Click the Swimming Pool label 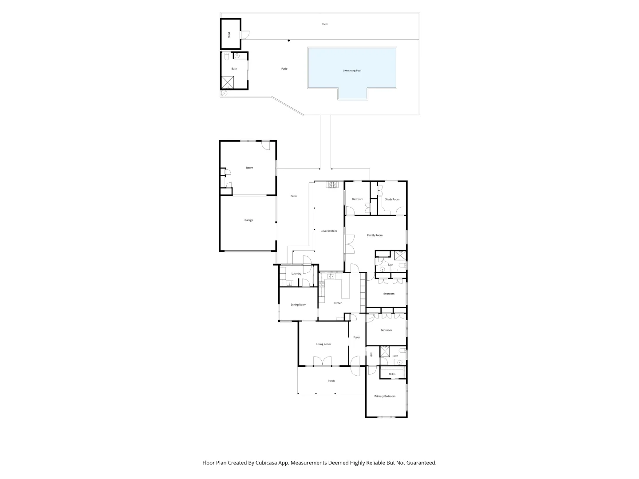352,71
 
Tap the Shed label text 229,35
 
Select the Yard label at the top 324,24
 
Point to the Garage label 248,220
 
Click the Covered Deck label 329,231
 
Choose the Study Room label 392,199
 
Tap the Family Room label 375,235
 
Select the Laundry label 296,274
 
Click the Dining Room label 298,305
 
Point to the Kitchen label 338,303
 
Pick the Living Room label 323,344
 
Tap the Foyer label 356,338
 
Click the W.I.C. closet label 392,374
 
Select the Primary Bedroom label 384,396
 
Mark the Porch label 331,381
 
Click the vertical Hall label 371,354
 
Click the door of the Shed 245,34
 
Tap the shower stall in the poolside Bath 227,82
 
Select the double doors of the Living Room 323,361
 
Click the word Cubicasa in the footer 268,463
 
